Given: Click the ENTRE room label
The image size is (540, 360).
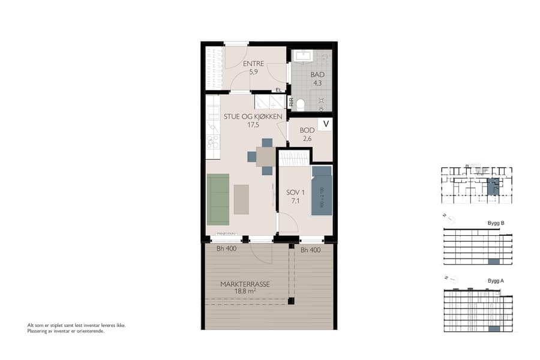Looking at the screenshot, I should pyautogui.click(x=254, y=64).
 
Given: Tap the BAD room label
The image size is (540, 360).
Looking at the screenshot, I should pyautogui.click(x=317, y=75).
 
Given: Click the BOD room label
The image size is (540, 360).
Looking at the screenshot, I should pyautogui.click(x=307, y=130).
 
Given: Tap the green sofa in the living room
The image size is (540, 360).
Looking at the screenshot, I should pyautogui.click(x=218, y=199).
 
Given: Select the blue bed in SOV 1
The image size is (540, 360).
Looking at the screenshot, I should pyautogui.click(x=322, y=191).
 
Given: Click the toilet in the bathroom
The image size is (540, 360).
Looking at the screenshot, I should pyautogui.click(x=301, y=105).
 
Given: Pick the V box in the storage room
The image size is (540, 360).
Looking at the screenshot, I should pyautogui.click(x=325, y=124).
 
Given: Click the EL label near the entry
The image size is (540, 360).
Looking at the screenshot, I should pyautogui.click(x=278, y=90).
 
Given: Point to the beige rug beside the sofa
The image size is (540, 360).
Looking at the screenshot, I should pyautogui.click(x=241, y=199).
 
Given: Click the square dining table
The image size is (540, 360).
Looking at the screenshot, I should pyautogui.click(x=265, y=156).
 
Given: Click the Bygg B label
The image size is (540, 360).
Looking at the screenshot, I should pyautogui.click(x=496, y=223).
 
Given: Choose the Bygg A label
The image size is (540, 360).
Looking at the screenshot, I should pyautogui.click(x=496, y=281).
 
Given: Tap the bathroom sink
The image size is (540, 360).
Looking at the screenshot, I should pyautogui.click(x=304, y=56).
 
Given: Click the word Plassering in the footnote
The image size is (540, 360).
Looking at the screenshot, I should pyautogui.click(x=39, y=331).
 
